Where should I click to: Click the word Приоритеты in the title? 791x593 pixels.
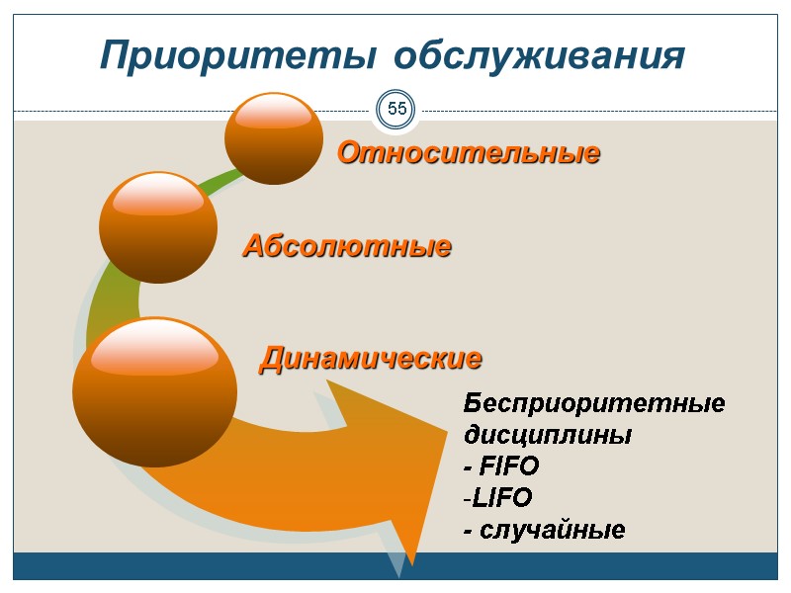(x=235, y=56)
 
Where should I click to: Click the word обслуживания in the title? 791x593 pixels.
(x=538, y=56)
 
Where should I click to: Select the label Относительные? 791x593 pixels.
(x=469, y=153)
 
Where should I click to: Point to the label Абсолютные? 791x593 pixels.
(x=347, y=245)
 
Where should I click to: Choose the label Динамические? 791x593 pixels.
(x=371, y=357)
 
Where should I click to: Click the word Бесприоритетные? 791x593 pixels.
(x=594, y=404)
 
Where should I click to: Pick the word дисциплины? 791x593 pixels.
(x=548, y=435)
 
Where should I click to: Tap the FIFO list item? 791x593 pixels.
(x=507, y=466)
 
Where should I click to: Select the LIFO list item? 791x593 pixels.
(x=502, y=497)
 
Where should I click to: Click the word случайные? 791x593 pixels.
(x=552, y=530)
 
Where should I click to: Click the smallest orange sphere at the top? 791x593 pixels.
(x=274, y=138)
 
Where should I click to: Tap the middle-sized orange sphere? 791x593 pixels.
(x=158, y=227)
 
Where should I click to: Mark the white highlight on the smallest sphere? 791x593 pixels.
(x=274, y=114)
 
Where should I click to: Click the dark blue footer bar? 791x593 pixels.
(x=395, y=566)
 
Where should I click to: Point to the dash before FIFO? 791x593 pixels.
(x=469, y=466)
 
